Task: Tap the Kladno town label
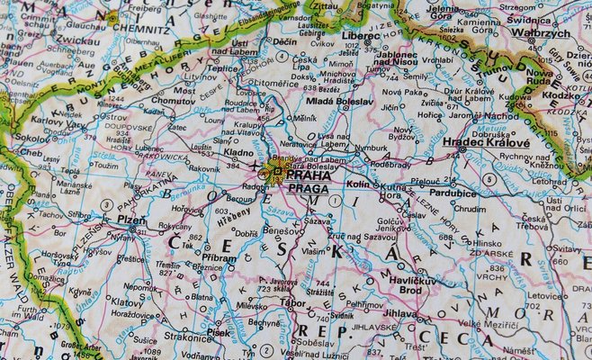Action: pyautogui.click(x=238, y=153)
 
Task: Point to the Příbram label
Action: pyautogui.click(x=220, y=256)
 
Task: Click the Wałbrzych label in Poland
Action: pyautogui.click(x=540, y=31)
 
